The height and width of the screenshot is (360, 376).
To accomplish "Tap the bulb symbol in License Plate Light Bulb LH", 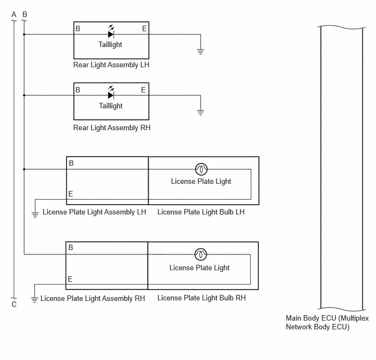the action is pos(202,169).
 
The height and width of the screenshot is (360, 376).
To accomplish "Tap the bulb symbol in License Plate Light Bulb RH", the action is pos(201,254).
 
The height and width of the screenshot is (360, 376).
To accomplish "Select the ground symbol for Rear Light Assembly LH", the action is pos(201,51).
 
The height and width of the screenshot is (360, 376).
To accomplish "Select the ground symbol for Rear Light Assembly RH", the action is pos(201,113).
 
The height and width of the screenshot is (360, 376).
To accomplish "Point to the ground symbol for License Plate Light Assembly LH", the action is pos(35,215).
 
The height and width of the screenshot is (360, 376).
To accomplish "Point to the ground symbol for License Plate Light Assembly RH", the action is pos(34,300).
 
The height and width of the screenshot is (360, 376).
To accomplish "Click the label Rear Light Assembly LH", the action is pos(111,65).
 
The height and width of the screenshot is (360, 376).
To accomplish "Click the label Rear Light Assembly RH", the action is pos(111,127).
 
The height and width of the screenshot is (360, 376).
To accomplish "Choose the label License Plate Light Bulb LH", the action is pos(201,212).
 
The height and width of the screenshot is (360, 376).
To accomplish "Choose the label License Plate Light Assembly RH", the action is pos(92,298).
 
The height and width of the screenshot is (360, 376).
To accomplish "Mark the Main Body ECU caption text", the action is pos(327,322).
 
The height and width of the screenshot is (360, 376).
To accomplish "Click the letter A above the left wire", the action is pos(14,14).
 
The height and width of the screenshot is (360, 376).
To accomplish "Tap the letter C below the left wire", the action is pos(14,304).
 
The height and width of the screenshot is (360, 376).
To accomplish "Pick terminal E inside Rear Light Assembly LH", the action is pos(144,28).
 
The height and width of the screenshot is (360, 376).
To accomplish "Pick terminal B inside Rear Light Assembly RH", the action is pos(78,90).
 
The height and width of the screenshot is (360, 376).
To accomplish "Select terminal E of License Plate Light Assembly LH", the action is pos(70,194).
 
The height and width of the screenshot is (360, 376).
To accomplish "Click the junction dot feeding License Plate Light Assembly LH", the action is pos(24,169).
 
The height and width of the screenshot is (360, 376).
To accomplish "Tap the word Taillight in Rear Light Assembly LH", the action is pos(110,45).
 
